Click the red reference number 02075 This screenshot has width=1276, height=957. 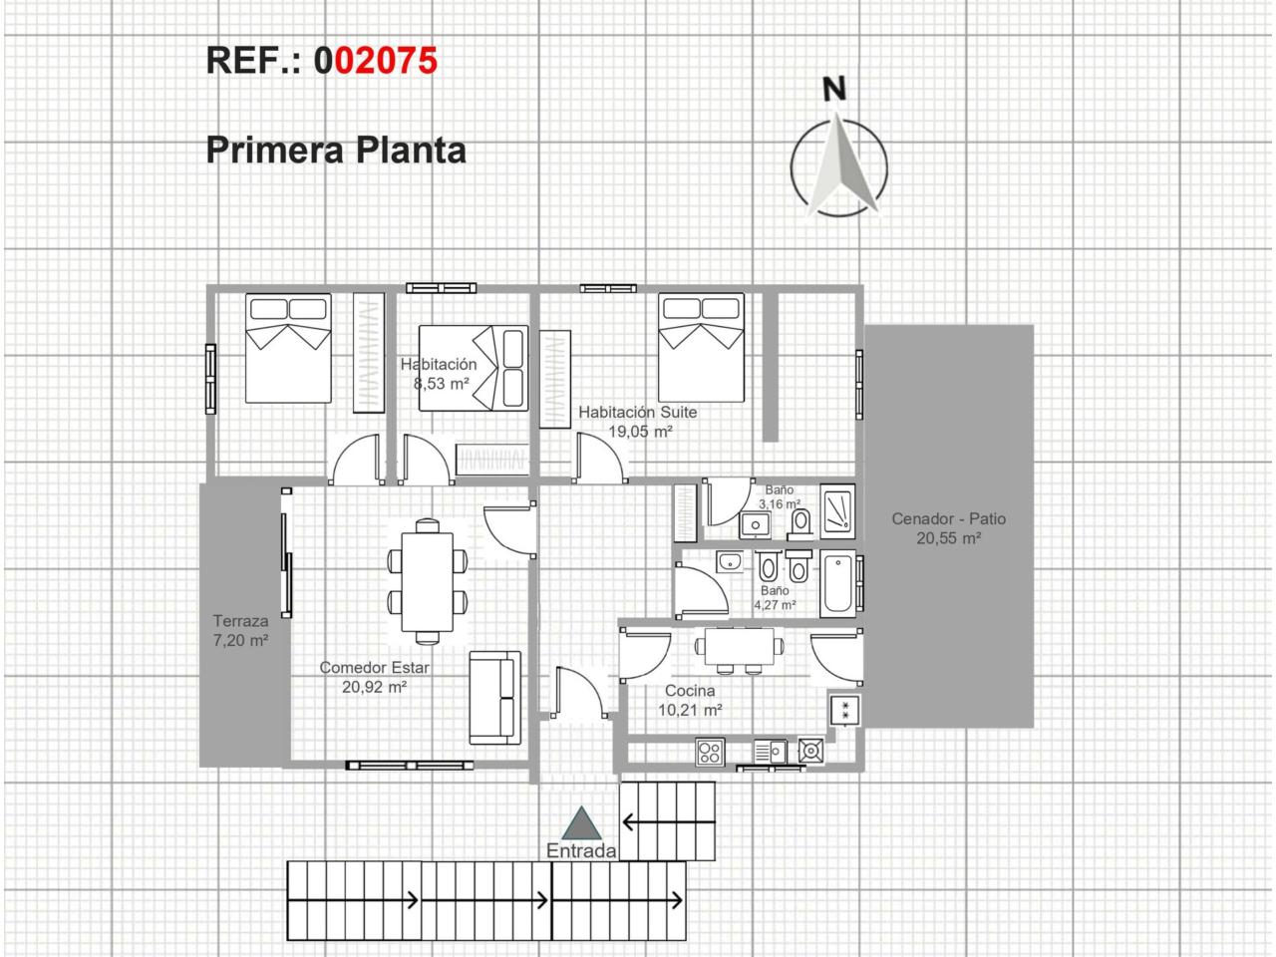pyautogui.click(x=386, y=61)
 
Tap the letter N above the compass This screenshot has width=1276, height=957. pyautogui.click(x=834, y=89)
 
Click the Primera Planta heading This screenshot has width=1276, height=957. pyautogui.click(x=336, y=150)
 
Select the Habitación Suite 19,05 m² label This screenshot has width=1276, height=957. pyautogui.click(x=638, y=422)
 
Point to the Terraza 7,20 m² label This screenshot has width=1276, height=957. pyautogui.click(x=240, y=630)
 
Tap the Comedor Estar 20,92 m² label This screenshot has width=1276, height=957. pyautogui.click(x=375, y=678)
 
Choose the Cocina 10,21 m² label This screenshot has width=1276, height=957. pyautogui.click(x=690, y=700)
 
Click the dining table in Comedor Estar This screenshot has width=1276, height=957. pyautogui.click(x=428, y=581)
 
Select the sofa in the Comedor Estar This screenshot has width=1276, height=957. pyautogui.click(x=495, y=698)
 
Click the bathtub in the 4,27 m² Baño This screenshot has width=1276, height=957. pyautogui.click(x=837, y=583)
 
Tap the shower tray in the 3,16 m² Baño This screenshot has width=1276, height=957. pyautogui.click(x=837, y=511)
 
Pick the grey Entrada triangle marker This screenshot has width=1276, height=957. pyautogui.click(x=581, y=823)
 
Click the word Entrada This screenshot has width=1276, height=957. pyautogui.click(x=581, y=850)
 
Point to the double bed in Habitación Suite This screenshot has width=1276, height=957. pyautogui.click(x=701, y=348)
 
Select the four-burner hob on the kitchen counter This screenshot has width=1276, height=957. pyautogui.click(x=710, y=753)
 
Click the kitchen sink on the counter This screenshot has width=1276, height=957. pyautogui.click(x=770, y=752)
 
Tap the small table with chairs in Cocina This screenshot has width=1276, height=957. pyautogui.click(x=740, y=651)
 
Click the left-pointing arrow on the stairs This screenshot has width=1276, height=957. pyautogui.click(x=668, y=822)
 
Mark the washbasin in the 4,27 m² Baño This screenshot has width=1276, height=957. pyautogui.click(x=729, y=562)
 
